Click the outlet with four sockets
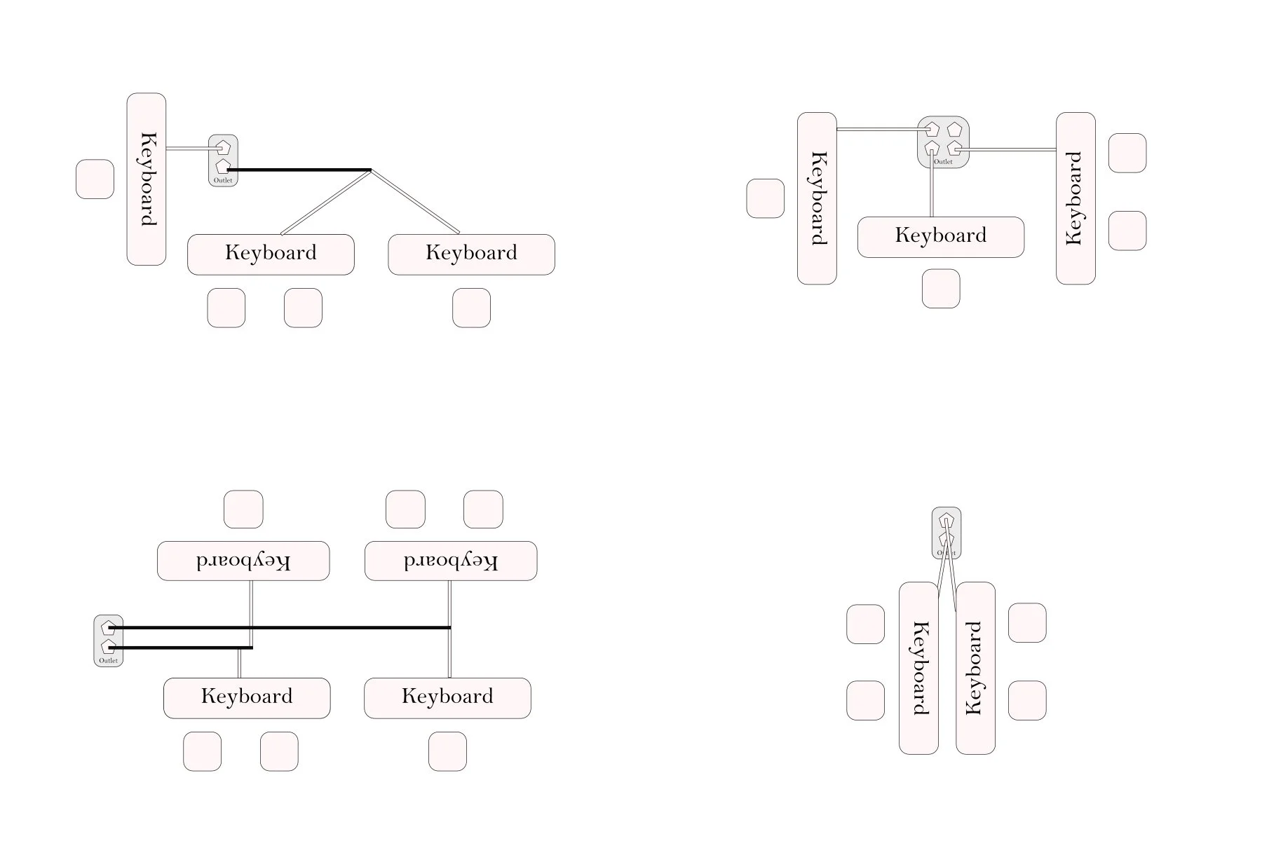[x=943, y=142]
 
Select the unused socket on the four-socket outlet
[x=954, y=130]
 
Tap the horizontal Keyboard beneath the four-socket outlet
[x=940, y=237]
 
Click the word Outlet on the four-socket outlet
[x=944, y=162]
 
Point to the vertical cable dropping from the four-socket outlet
[x=931, y=189]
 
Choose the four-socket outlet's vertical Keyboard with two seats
[x=1076, y=198]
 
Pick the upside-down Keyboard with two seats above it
[x=451, y=561]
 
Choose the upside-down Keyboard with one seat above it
[x=243, y=561]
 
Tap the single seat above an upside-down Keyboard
[x=243, y=510]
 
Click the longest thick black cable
[x=280, y=628]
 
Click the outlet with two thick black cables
[x=109, y=641]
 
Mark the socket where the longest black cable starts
[x=109, y=627]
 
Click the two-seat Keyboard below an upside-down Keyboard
[x=247, y=698]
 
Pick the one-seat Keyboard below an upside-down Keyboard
[x=447, y=698]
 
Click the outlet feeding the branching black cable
[x=223, y=160]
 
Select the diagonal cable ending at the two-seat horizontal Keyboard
[x=325, y=202]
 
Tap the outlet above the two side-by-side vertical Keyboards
[x=946, y=533]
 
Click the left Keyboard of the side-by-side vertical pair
[x=918, y=668]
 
